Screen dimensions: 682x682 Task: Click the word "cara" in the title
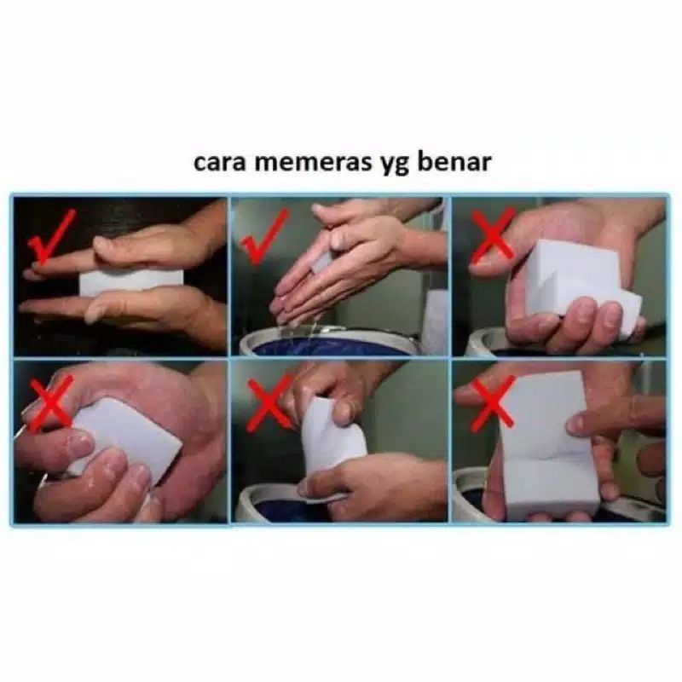click(219, 163)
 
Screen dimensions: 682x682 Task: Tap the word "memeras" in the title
click(309, 162)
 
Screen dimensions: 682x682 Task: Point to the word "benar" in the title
click(454, 161)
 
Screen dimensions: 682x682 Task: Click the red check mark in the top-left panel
click(51, 237)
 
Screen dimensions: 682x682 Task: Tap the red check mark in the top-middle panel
click(266, 237)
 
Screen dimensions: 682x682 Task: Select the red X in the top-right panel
click(493, 238)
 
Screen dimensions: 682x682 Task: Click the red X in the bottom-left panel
click(51, 402)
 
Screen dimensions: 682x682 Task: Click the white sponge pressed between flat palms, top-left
click(131, 283)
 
